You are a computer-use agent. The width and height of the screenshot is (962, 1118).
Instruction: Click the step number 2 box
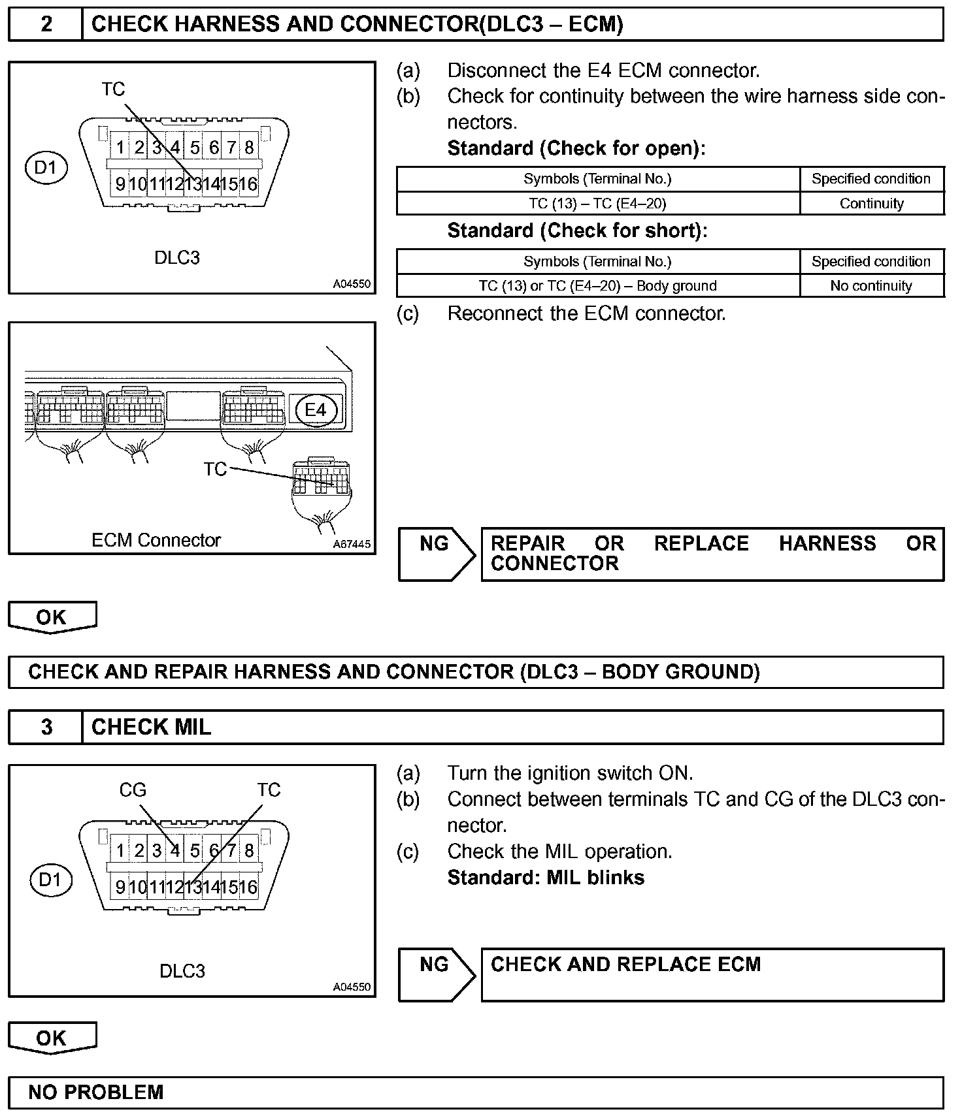46,25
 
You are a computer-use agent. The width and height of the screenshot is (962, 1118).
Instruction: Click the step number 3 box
46,727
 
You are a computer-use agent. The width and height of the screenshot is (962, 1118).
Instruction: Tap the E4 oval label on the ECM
316,409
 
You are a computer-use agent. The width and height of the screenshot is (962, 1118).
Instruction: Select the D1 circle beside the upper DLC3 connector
46,168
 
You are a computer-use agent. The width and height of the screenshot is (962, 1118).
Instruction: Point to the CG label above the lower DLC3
133,790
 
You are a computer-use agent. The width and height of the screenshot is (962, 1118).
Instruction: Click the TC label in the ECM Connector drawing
215,469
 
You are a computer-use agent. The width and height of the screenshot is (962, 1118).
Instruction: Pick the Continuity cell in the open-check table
871,204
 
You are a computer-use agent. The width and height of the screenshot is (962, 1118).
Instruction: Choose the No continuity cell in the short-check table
871,286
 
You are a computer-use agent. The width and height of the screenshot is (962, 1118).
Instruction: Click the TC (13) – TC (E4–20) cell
597,204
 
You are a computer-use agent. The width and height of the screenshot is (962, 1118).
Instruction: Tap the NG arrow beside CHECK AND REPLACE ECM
437,974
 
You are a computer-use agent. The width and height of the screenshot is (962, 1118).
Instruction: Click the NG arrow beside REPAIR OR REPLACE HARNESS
437,554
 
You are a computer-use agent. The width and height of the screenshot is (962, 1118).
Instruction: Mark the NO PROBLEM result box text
96,1093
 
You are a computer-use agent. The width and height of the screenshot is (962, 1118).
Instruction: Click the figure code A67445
352,544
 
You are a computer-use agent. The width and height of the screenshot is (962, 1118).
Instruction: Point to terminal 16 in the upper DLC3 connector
249,184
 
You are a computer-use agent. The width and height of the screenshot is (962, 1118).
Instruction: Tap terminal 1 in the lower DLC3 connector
121,850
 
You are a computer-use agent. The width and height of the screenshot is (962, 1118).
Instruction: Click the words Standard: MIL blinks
546,877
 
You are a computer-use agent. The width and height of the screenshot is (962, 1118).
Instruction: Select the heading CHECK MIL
152,727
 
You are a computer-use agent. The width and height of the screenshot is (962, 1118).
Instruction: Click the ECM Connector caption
156,540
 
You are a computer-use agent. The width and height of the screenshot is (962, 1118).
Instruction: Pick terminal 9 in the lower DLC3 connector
120,887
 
